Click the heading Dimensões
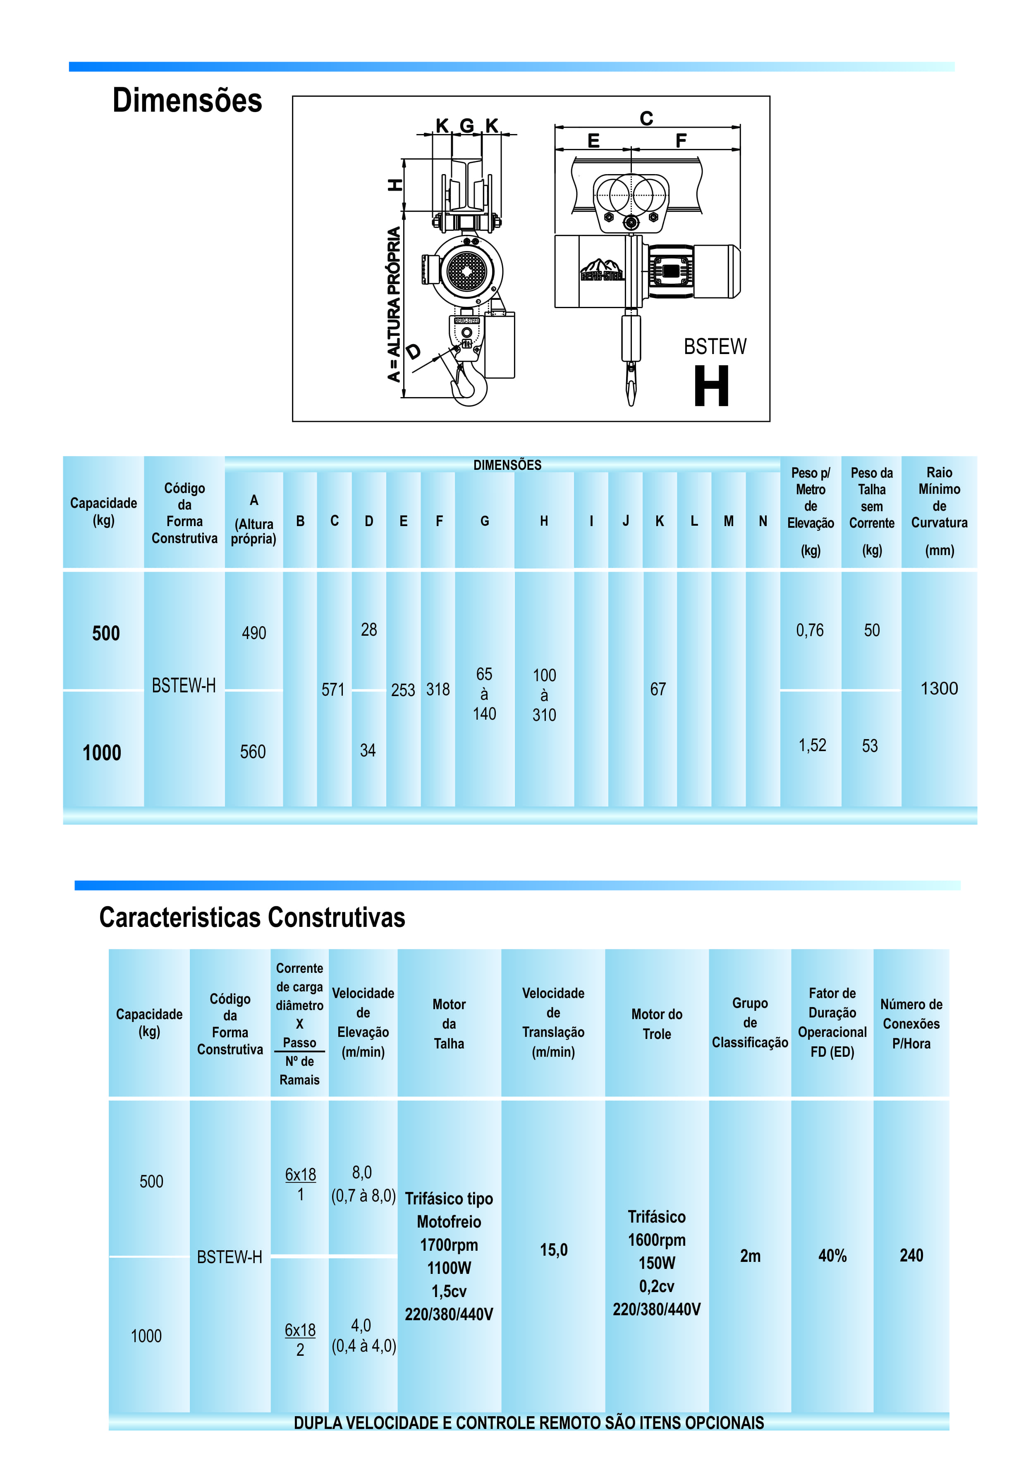(187, 101)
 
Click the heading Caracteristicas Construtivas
(252, 917)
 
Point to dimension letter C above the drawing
(646, 118)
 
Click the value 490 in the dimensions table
(254, 633)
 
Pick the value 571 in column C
(332, 689)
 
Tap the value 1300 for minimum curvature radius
(939, 688)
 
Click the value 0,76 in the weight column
(810, 630)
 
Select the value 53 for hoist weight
(870, 746)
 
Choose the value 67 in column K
(658, 689)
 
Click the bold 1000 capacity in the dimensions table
(102, 753)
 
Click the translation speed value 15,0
(553, 1250)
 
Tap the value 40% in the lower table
(832, 1256)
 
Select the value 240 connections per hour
(911, 1255)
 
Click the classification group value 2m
(750, 1256)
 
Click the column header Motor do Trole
(656, 1024)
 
